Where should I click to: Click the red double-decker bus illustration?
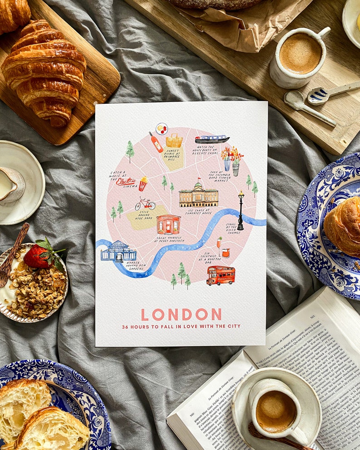221,276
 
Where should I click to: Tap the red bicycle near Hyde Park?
145,204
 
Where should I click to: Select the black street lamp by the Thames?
241,210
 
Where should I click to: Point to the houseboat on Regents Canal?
212,139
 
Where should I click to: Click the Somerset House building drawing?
199,196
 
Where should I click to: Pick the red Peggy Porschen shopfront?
169,224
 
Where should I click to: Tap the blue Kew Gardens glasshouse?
118,252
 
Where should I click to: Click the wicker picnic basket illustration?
174,141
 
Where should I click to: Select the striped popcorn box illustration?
143,184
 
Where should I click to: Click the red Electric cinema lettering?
126,181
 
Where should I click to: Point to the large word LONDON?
181,315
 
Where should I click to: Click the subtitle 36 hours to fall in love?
181,326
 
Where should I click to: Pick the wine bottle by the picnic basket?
156,142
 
